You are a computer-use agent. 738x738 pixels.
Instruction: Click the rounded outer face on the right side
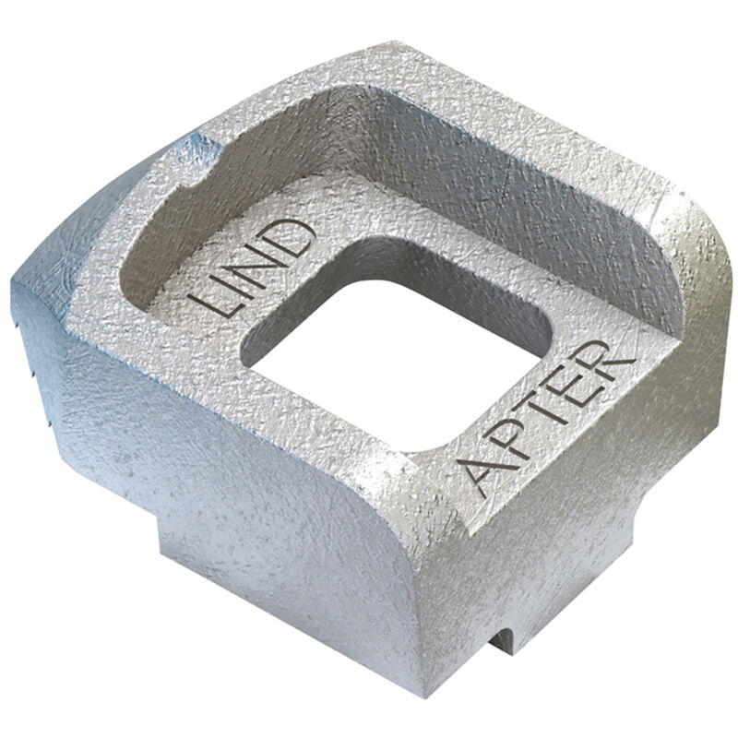coord(673,351)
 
